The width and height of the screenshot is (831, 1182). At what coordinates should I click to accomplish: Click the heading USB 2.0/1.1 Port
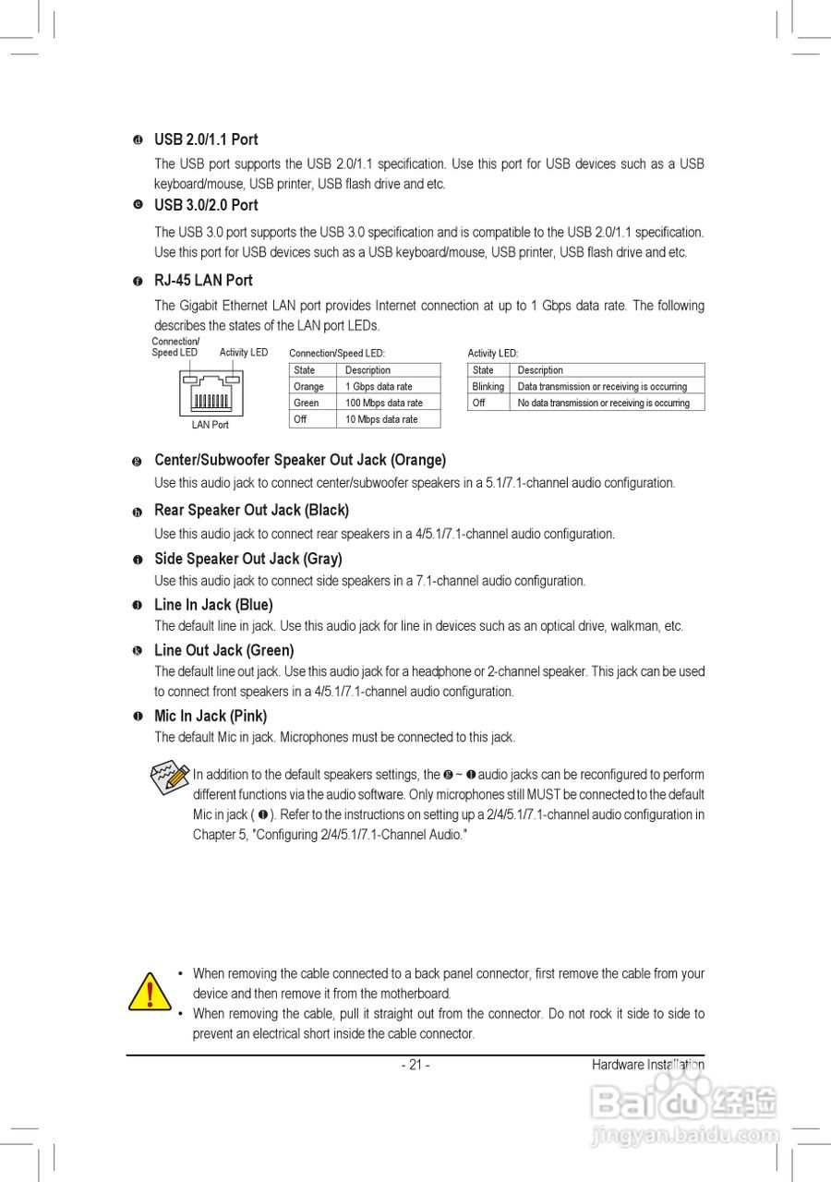(206, 139)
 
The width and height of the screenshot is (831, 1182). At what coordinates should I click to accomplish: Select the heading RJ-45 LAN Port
(203, 280)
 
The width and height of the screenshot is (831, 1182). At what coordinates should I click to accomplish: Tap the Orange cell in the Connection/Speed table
(308, 386)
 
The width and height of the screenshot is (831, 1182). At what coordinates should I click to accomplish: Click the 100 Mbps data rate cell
(384, 403)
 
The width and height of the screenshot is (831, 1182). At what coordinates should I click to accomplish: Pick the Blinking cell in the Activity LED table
(488, 386)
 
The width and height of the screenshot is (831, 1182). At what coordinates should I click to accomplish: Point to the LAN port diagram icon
(211, 393)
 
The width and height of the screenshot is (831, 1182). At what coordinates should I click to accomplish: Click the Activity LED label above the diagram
(244, 353)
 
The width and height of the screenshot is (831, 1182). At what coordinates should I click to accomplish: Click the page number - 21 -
(415, 1065)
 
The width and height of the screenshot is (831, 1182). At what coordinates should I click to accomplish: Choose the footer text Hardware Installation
(648, 1065)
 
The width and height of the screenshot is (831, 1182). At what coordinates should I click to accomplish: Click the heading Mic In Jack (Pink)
(211, 716)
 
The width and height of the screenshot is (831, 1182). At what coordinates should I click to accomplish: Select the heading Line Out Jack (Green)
(223, 650)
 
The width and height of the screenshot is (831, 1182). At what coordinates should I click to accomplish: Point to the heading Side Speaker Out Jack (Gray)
(247, 559)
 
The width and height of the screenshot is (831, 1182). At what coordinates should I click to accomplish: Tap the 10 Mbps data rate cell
(381, 419)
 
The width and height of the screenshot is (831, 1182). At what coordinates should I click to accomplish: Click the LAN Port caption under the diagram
(211, 425)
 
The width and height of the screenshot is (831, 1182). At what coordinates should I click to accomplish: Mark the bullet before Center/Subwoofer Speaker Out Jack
(137, 461)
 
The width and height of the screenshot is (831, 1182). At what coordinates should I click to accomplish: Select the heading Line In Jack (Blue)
(213, 605)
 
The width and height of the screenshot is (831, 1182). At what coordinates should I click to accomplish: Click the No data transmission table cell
(603, 403)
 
